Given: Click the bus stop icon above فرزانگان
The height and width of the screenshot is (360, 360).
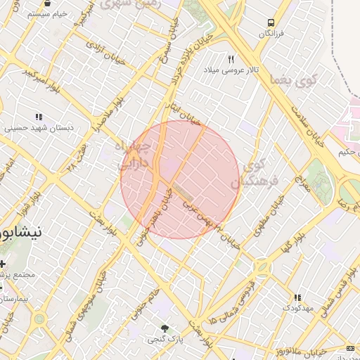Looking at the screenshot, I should click(271, 22).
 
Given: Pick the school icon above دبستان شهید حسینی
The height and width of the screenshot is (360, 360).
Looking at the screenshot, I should click(39, 117).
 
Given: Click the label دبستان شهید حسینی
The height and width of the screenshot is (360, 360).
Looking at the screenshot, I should click(39, 129).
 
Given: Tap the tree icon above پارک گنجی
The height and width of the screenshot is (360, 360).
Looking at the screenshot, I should click(165, 328).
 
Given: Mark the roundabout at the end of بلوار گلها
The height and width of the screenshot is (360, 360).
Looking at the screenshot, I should click(262, 269).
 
